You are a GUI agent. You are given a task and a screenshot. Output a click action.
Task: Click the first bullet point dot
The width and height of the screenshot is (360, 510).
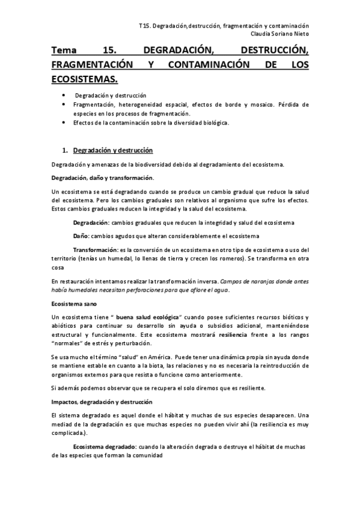64,96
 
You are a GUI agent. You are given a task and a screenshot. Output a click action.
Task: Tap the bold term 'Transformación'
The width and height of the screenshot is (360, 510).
95,249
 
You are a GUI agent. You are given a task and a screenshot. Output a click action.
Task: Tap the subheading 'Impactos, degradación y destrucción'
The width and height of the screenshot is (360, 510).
102,401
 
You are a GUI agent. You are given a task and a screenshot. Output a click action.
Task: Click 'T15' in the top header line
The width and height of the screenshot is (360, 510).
144,26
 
